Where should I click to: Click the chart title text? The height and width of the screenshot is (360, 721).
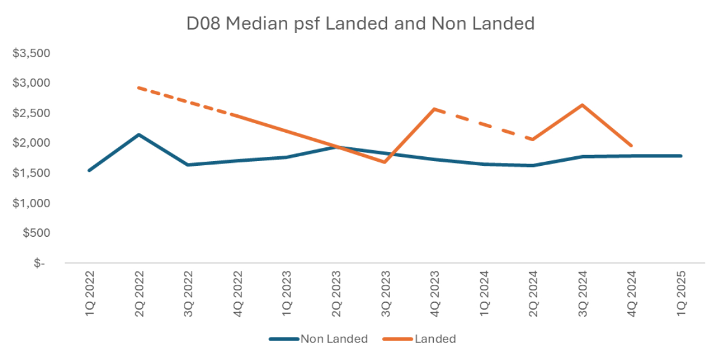[x=360, y=23]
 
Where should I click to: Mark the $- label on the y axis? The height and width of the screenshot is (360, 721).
[x=39, y=263]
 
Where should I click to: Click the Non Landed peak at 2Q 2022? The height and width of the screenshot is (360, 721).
[x=139, y=135]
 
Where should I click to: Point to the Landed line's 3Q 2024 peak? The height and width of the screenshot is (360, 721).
[x=582, y=105]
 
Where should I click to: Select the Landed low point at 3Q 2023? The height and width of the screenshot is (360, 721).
[x=385, y=162]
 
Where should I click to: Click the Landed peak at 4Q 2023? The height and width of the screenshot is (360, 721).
[x=434, y=109]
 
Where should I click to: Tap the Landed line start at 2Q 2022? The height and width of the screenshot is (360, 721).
[x=139, y=88]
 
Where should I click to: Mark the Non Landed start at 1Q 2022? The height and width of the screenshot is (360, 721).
[x=90, y=170]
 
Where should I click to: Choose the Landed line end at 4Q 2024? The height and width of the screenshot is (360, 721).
[x=631, y=145]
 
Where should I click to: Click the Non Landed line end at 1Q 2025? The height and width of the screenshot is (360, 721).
[x=681, y=156]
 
